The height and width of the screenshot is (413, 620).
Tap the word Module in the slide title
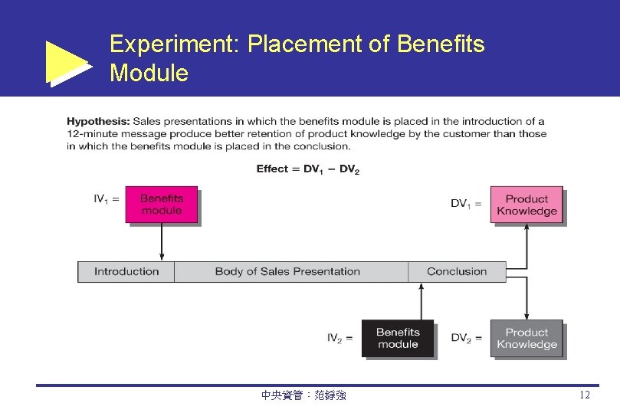tap(149, 74)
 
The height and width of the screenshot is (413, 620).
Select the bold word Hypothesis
tap(98, 121)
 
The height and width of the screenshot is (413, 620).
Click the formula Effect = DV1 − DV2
tap(307, 169)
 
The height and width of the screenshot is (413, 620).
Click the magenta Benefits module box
tap(161, 205)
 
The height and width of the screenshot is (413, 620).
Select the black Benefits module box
tap(397, 338)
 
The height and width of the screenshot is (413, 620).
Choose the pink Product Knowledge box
tap(526, 205)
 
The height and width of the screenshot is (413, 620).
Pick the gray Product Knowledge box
tap(526, 338)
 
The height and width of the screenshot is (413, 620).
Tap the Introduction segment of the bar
tap(126, 271)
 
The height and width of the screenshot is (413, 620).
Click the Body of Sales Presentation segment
tap(287, 271)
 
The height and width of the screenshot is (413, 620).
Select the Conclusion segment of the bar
tap(457, 271)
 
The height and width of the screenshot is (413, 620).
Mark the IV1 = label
tap(107, 198)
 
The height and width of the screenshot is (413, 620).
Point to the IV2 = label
tap(340, 337)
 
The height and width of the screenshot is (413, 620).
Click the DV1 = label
tap(466, 203)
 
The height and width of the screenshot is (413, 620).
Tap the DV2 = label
tap(466, 337)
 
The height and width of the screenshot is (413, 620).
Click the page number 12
tap(585, 395)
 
